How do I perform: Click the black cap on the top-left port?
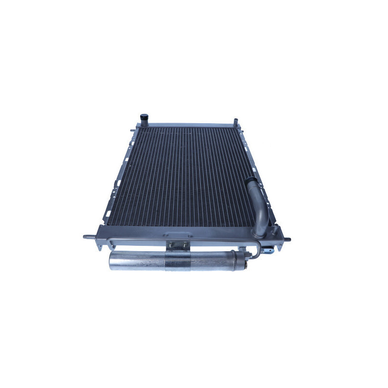(144, 117)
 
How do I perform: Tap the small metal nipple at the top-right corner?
(236, 119)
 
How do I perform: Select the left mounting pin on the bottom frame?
(88, 237)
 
